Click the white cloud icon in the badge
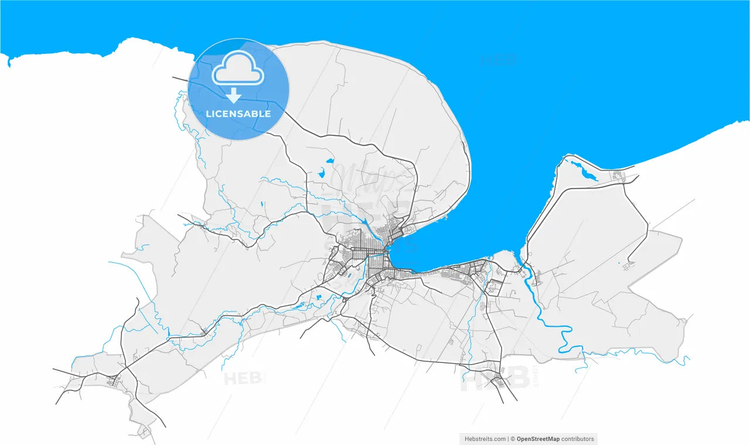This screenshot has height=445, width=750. [x=238, y=69]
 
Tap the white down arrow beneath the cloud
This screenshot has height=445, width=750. [x=234, y=95]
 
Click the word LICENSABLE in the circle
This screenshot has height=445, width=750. [x=238, y=114]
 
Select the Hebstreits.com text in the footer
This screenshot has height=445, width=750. [x=485, y=439]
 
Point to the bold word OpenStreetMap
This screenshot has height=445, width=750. [x=538, y=439]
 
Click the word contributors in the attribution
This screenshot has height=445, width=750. [x=578, y=439]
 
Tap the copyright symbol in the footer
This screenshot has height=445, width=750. [x=512, y=439]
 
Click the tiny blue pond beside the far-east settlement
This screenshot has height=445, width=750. [x=619, y=263]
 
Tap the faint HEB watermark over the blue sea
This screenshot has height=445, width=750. [x=498, y=60]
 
